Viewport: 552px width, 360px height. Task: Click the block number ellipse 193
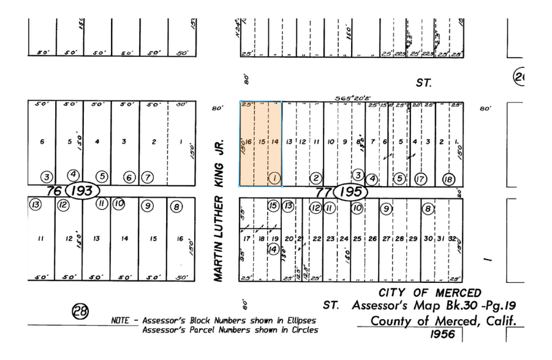click(82, 191)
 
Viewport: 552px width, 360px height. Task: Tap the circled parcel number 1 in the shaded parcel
click(275, 178)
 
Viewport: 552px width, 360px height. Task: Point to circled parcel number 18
click(448, 179)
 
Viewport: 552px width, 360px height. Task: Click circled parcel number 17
click(420, 179)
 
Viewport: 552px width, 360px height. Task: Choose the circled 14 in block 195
click(273, 249)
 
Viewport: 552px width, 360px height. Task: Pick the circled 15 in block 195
click(273, 206)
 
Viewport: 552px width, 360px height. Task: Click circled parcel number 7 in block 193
click(148, 178)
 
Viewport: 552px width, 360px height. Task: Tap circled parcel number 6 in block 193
click(129, 178)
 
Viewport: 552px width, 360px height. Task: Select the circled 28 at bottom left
click(80, 312)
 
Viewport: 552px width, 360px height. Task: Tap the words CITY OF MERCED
click(429, 293)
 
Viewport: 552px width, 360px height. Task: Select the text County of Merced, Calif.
click(442, 320)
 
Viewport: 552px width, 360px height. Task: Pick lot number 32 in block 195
click(452, 238)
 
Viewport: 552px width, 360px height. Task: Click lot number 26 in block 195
click(372, 238)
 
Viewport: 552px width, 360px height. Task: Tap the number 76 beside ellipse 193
click(55, 191)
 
